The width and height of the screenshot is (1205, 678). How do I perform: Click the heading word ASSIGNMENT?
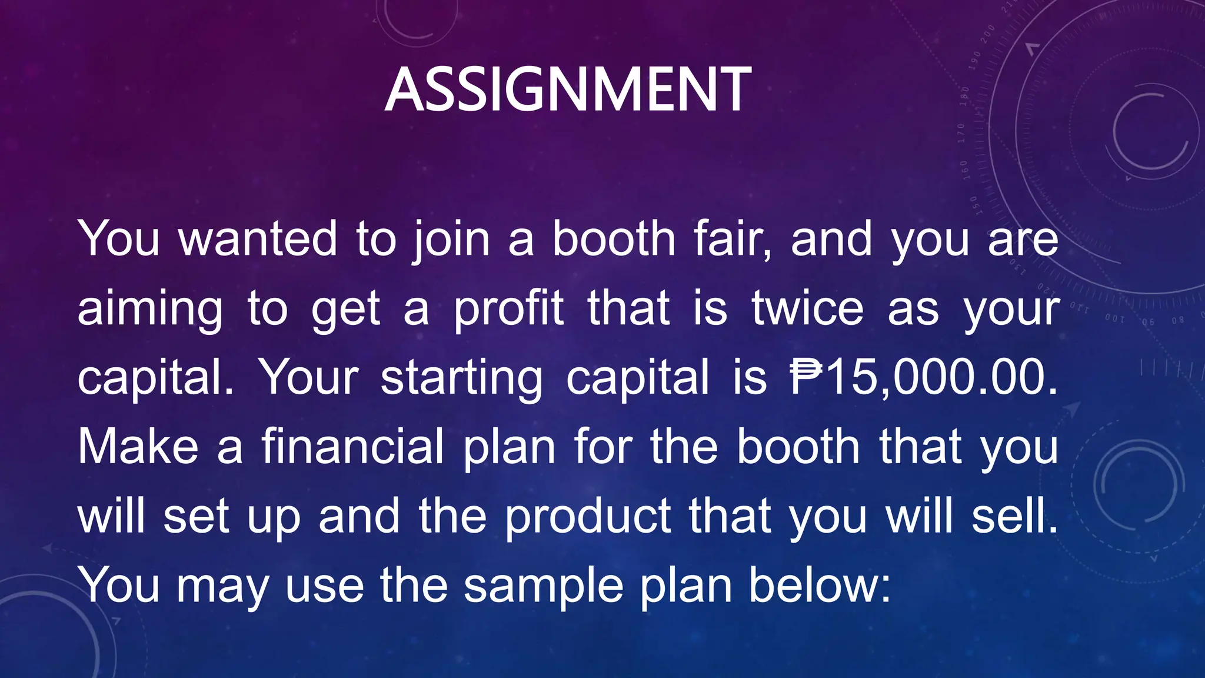[x=568, y=89]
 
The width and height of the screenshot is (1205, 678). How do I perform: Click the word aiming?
[x=150, y=310]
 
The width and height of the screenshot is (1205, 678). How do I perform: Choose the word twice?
[x=808, y=308]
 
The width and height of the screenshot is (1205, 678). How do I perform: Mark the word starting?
[x=462, y=379]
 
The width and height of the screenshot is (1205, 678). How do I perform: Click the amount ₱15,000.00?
[x=924, y=378]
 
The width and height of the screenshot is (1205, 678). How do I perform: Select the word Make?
[x=138, y=447]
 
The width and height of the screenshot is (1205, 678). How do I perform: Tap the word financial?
[x=352, y=447]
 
